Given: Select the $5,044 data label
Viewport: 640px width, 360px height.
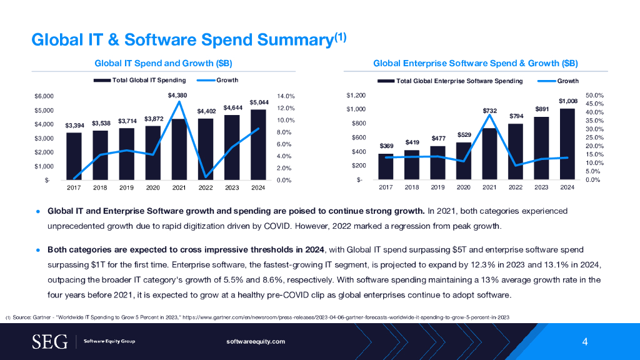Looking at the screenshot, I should coord(259,102).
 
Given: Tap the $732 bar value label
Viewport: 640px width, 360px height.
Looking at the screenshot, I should coord(490,111).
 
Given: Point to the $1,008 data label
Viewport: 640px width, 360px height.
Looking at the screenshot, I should coord(567,101).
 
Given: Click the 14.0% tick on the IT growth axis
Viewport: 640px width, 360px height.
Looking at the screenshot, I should coord(286,96).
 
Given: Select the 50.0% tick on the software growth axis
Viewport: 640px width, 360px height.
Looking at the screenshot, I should coord(594,96).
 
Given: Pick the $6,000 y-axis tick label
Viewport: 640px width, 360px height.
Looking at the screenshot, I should coord(45,96).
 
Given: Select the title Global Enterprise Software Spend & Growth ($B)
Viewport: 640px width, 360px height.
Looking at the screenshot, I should coord(475,63).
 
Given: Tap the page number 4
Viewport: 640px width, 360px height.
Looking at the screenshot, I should coord(584,341).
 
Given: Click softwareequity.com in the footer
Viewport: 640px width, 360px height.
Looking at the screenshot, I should coord(256,341).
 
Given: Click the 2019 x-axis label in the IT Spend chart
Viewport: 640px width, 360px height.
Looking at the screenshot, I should coord(127,187).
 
